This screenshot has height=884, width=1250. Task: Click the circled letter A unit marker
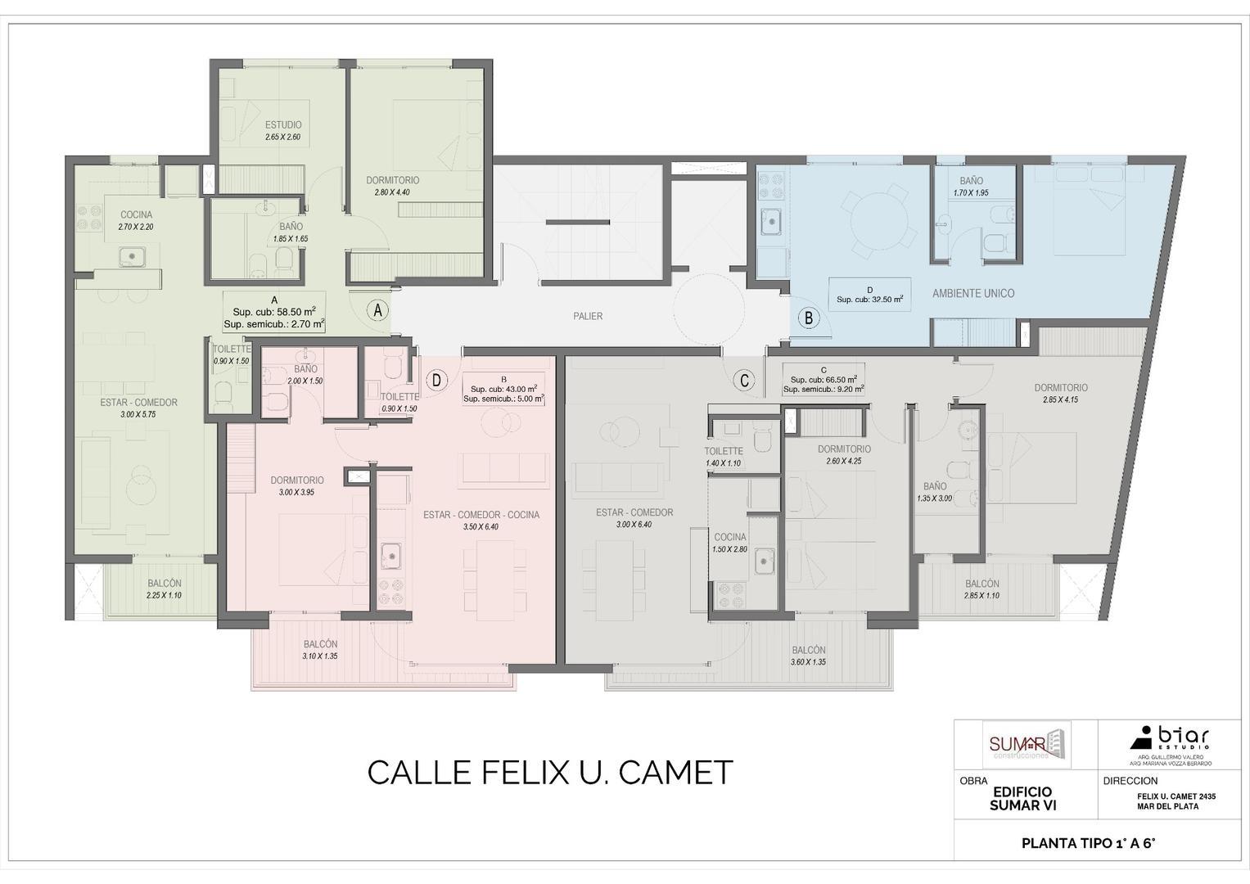377,311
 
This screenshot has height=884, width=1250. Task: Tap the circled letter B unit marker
809,318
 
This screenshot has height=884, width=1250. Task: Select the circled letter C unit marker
743,381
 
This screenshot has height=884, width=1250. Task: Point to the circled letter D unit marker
438,380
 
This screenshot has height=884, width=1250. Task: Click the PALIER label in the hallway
588,316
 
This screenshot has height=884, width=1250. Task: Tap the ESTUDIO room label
282,125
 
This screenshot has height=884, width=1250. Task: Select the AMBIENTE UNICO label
973,293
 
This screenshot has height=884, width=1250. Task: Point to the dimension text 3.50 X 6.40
481,527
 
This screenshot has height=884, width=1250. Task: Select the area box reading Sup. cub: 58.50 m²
274,312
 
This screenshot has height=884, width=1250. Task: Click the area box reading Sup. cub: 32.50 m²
869,295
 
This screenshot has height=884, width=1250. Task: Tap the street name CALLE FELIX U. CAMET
549,773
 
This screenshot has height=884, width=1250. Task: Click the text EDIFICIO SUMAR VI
1022,799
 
